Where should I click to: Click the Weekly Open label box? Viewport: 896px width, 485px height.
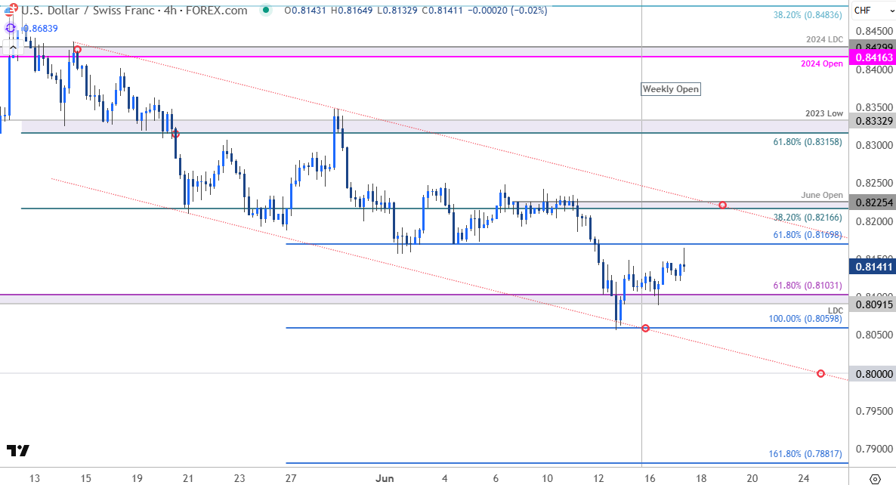(x=670, y=89)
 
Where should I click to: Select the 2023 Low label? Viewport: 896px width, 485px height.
(x=824, y=113)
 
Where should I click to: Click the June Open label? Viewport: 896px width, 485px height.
(x=822, y=195)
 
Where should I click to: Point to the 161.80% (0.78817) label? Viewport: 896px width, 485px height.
(x=805, y=454)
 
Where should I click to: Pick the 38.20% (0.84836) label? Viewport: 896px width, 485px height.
(x=808, y=14)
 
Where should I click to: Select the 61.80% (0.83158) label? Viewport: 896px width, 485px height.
(x=807, y=141)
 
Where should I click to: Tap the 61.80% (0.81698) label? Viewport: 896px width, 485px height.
(x=807, y=236)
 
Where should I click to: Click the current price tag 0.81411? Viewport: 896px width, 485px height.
(x=873, y=266)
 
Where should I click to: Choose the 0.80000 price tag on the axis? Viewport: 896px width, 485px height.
(x=873, y=374)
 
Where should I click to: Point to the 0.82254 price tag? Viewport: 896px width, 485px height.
(x=873, y=202)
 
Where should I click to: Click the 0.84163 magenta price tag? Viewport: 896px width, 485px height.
(x=873, y=57)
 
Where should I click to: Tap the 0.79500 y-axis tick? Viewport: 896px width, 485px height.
(x=873, y=411)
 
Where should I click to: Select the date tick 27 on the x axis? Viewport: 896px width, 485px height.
(x=291, y=478)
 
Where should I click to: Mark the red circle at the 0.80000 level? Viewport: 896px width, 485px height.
(x=820, y=374)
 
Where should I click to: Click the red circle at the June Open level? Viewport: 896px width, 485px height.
(x=723, y=205)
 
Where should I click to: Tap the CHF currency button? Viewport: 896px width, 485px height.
(x=862, y=10)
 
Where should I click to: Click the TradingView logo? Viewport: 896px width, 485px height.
(x=18, y=451)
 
